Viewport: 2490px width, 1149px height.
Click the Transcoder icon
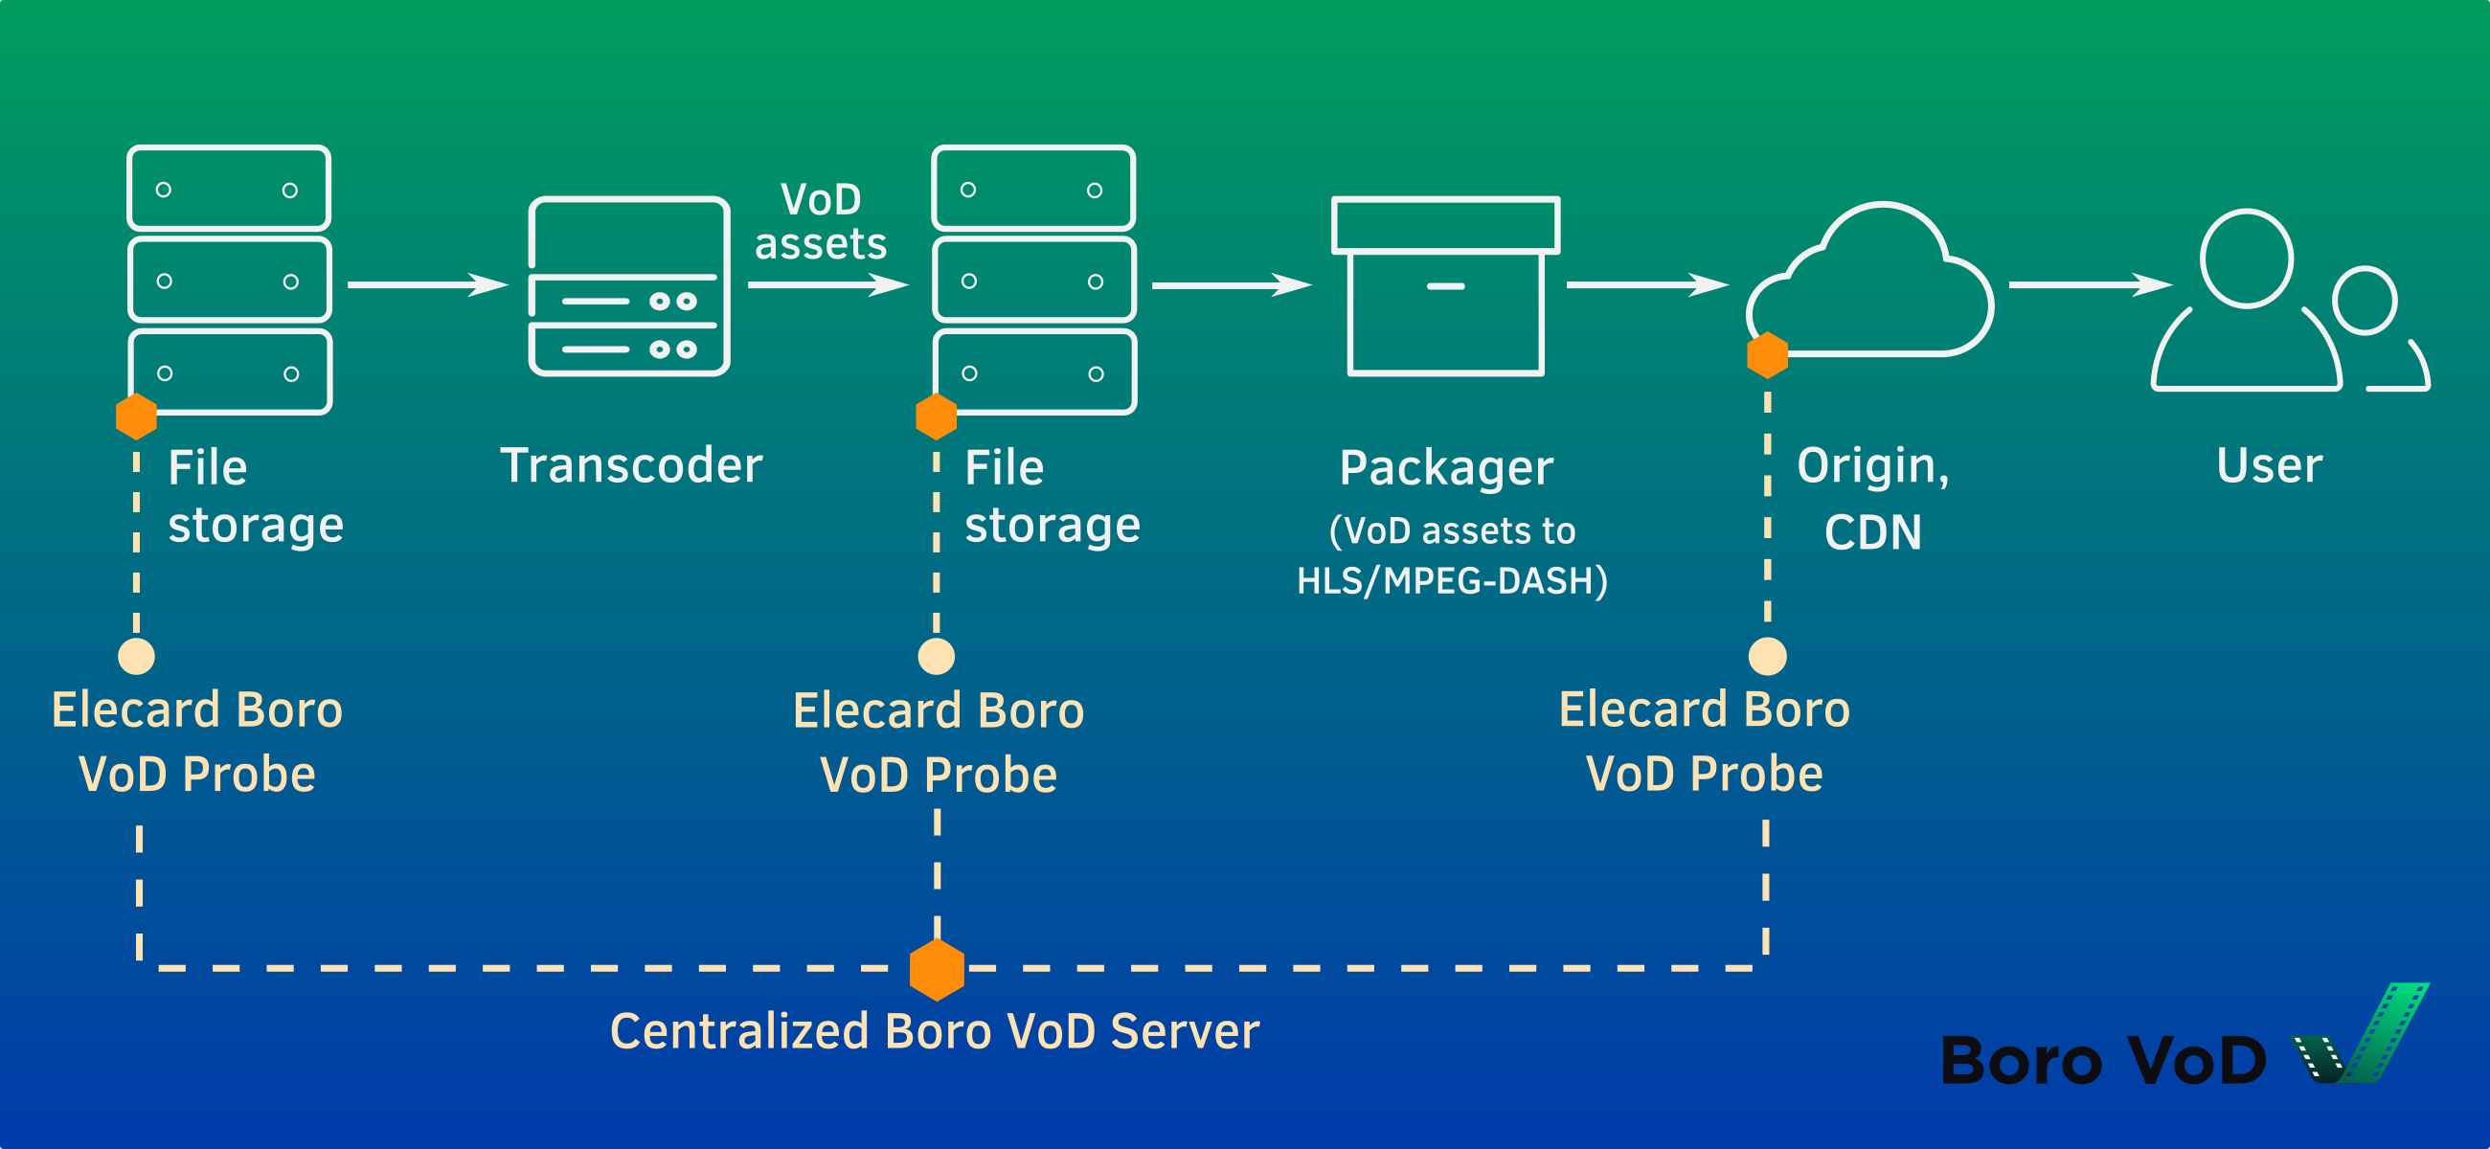(629, 286)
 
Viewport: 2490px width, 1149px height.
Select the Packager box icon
(1445, 286)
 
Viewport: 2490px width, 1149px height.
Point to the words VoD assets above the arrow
(820, 222)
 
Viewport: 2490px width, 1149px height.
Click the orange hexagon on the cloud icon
(1767, 354)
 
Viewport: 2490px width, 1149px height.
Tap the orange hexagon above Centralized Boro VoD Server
(937, 969)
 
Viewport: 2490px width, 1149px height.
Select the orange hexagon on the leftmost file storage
(136, 417)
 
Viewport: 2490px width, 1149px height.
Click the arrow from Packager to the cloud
(1646, 284)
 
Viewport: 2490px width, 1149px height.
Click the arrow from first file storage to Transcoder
(426, 284)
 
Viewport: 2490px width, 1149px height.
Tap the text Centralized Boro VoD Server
(935, 1031)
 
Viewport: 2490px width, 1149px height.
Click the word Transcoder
(631, 465)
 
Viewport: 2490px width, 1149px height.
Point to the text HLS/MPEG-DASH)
(1452, 581)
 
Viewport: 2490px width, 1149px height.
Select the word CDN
(1872, 532)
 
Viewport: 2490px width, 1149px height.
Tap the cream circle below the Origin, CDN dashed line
(1767, 656)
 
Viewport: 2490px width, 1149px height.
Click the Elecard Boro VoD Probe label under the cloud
(1704, 741)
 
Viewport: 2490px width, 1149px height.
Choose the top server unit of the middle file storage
(1032, 189)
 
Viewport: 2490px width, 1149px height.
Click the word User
(2269, 465)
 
